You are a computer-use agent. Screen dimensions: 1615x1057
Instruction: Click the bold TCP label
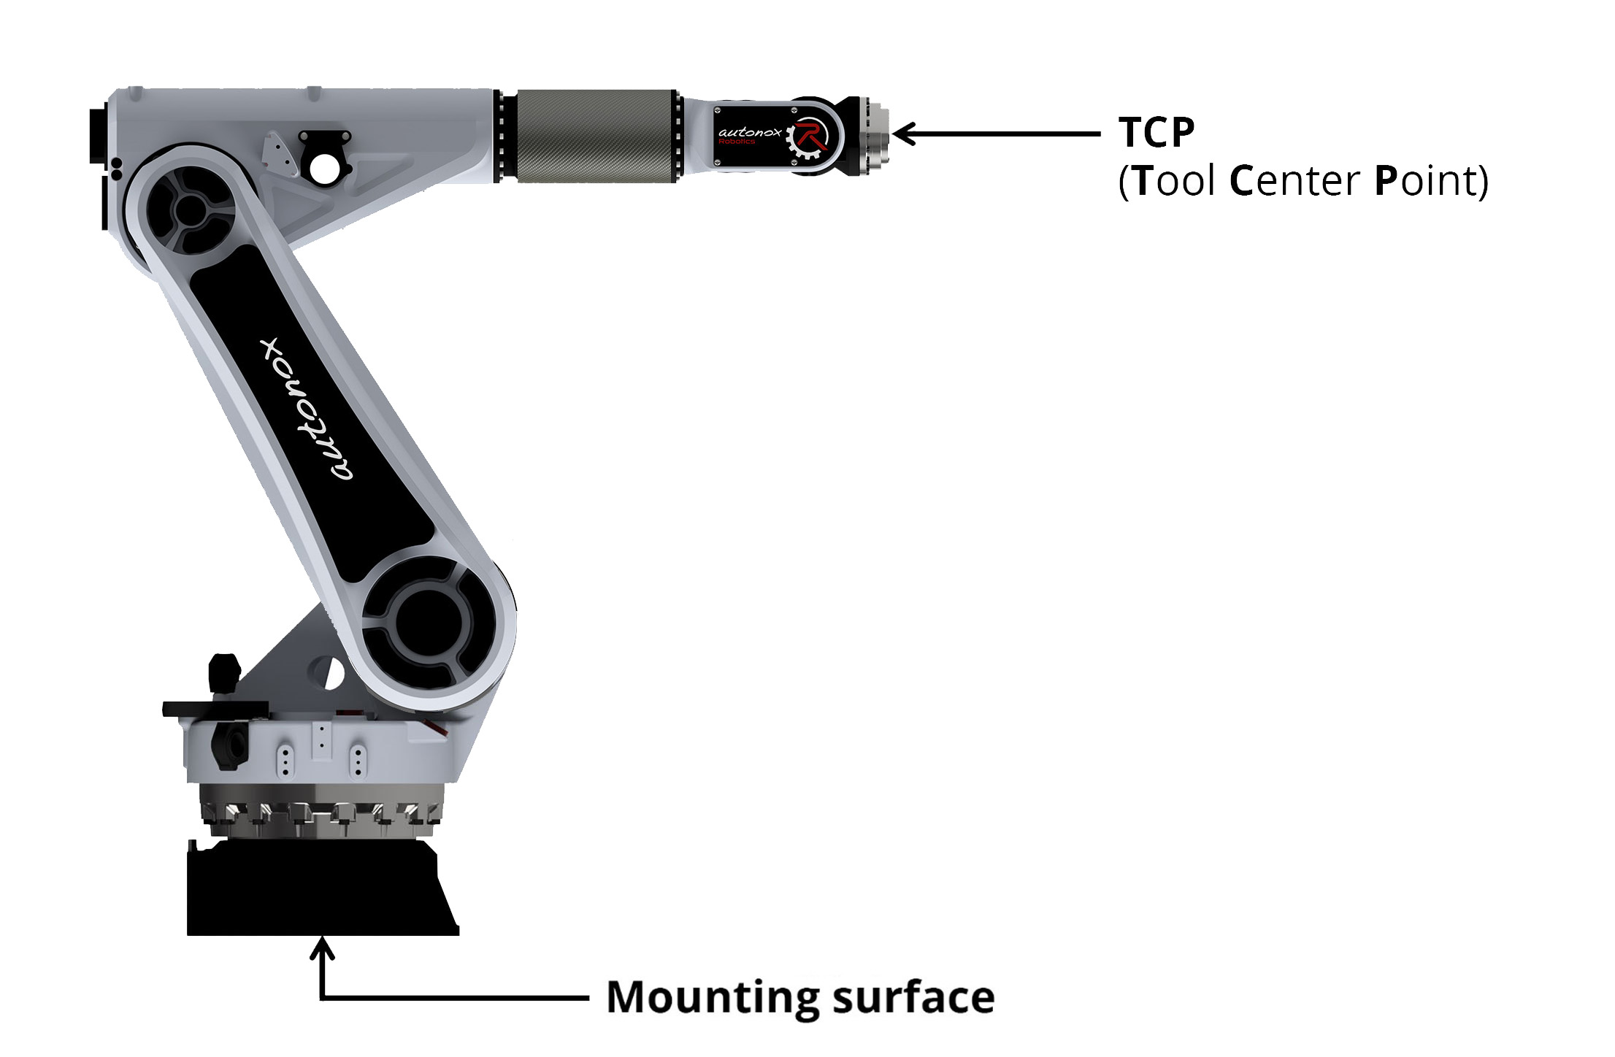[x=1156, y=132]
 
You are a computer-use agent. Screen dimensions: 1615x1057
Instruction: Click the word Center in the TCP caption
[x=1295, y=181]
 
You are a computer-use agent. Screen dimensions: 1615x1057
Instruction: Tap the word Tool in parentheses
[x=1175, y=181]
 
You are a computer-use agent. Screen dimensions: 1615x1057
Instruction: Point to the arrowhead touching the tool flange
[x=903, y=134]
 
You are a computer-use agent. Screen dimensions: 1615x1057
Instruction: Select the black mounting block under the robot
[x=322, y=888]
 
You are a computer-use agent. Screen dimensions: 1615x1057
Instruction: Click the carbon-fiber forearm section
[x=596, y=137]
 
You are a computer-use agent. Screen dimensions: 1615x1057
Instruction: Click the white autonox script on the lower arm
[x=307, y=409]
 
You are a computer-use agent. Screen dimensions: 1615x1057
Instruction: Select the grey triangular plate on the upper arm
[x=280, y=153]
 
